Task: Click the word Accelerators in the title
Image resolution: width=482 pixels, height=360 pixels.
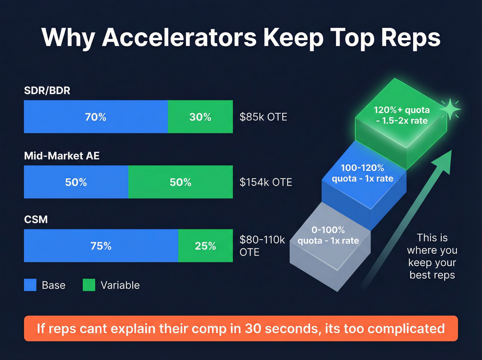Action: [179, 37]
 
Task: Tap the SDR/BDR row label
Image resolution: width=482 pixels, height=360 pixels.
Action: [47, 91]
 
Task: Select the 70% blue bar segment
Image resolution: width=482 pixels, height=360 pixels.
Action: [96, 117]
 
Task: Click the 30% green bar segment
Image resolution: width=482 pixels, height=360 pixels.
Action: [200, 117]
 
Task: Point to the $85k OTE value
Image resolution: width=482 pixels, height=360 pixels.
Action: [263, 117]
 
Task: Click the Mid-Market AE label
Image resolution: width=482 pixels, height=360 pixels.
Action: [62, 156]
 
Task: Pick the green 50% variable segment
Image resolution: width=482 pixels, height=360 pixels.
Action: [180, 182]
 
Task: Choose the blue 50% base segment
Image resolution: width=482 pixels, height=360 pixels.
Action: [76, 182]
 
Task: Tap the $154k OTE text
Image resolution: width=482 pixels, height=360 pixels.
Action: [266, 182]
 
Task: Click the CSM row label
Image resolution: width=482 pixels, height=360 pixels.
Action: [36, 219]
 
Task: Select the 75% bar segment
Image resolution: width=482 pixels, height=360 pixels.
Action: [101, 246]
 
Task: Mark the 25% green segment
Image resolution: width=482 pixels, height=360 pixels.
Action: [206, 246]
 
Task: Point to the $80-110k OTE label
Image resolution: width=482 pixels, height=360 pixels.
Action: [262, 246]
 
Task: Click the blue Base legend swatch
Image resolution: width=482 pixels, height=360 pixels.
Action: [30, 285]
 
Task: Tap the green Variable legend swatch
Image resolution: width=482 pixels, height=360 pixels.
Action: [89, 285]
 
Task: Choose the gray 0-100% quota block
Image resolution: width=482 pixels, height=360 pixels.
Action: [329, 241]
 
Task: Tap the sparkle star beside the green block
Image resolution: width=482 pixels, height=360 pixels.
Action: [450, 109]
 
